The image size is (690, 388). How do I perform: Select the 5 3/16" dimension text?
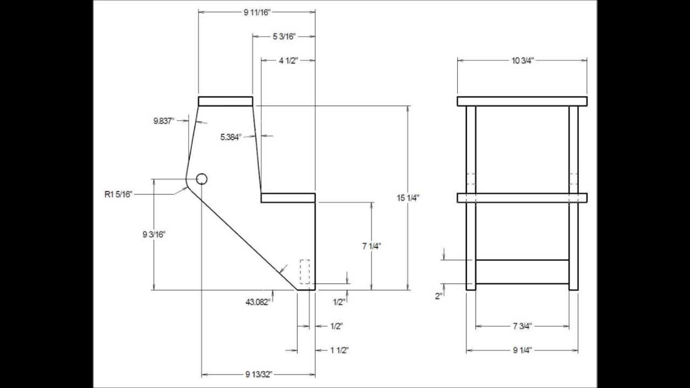(x=284, y=36)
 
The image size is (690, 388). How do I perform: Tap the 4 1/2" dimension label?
(x=288, y=60)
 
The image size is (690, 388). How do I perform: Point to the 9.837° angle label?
(x=164, y=121)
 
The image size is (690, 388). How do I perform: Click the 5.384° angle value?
(x=231, y=137)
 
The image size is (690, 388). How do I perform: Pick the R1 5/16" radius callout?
(x=118, y=193)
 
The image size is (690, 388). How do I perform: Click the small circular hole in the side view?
(x=202, y=179)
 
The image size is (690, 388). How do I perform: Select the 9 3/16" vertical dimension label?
(x=154, y=234)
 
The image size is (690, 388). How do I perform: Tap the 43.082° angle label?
(x=258, y=302)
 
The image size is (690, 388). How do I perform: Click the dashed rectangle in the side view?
(x=305, y=272)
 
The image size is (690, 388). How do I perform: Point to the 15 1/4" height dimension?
(x=408, y=198)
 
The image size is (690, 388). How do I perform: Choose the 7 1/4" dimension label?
(x=371, y=246)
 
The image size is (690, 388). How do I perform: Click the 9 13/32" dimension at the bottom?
(x=259, y=374)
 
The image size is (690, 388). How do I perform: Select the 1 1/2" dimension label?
(x=339, y=350)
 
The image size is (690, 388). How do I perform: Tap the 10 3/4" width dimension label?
(x=522, y=60)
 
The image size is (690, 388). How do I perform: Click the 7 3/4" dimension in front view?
(x=522, y=326)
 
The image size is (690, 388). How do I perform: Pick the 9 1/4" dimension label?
(x=522, y=350)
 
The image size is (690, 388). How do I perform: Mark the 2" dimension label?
(x=439, y=296)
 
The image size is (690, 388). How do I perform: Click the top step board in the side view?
(x=225, y=101)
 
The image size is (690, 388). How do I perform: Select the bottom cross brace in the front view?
(x=522, y=272)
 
